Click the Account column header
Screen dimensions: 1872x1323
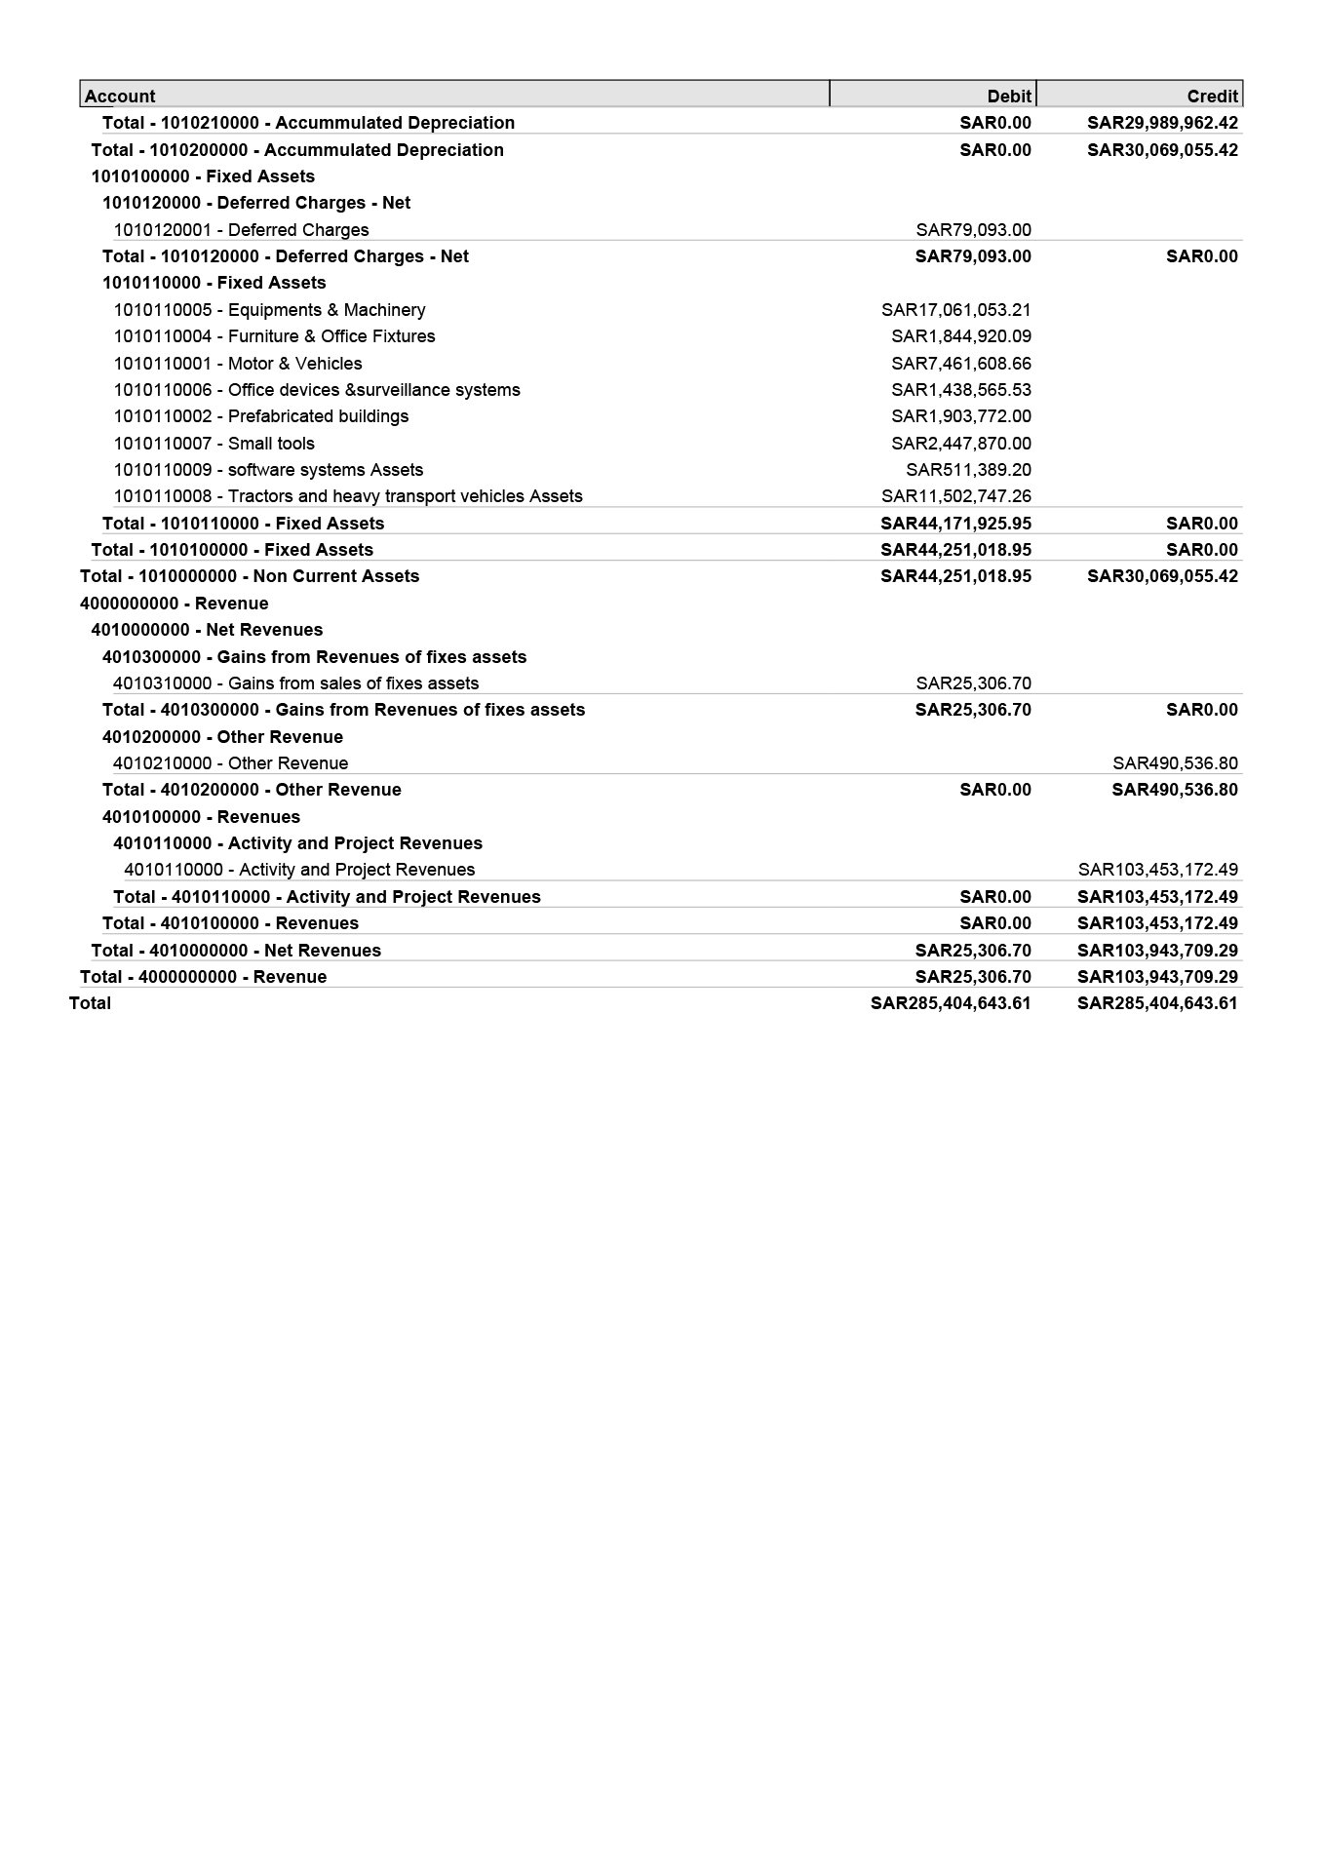coord(120,96)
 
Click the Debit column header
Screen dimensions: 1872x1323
coord(1008,96)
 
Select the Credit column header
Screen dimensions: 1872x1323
coord(1212,96)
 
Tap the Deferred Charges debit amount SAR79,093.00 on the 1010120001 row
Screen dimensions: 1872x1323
coord(973,230)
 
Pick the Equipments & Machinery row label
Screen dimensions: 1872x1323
coord(269,310)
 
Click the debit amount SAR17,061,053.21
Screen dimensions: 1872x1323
coord(955,310)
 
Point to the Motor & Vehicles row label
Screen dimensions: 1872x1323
coord(238,364)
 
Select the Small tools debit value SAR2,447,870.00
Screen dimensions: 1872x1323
coord(960,444)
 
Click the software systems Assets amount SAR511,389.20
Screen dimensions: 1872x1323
coord(968,470)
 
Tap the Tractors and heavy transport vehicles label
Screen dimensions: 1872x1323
coord(348,496)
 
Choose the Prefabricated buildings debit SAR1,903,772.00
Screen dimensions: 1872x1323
coord(960,416)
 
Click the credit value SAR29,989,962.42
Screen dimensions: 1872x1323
coord(1162,123)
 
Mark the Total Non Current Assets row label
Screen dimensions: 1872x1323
coord(250,576)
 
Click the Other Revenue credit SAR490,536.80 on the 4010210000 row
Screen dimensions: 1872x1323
coord(1175,763)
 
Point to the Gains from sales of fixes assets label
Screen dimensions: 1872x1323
coord(295,683)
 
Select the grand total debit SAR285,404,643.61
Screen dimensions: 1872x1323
coord(951,1003)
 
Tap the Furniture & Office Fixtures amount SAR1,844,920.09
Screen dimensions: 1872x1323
coord(960,336)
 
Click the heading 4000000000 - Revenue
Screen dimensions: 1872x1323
coord(175,604)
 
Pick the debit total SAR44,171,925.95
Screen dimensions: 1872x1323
coord(955,524)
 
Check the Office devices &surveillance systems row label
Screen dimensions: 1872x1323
coord(317,390)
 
